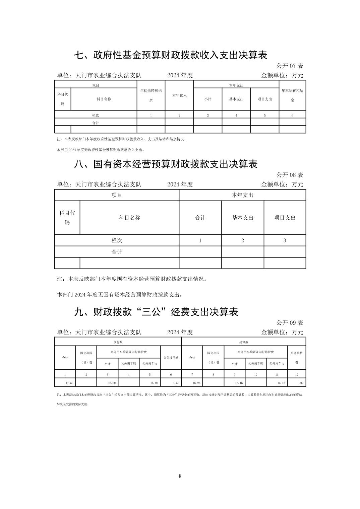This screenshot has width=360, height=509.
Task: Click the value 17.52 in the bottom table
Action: click(x=69, y=383)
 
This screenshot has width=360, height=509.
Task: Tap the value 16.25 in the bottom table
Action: click(x=196, y=383)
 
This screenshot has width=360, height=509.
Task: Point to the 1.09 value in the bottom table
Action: click(x=300, y=383)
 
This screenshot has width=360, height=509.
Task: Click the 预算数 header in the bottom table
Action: click(x=118, y=342)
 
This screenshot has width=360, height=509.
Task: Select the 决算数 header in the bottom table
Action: click(x=244, y=342)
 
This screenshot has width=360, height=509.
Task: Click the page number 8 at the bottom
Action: click(x=180, y=476)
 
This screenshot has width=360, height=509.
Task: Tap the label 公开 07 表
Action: click(x=290, y=66)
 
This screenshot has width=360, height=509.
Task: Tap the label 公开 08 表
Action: click(x=290, y=175)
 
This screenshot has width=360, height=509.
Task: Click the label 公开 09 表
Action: click(x=290, y=323)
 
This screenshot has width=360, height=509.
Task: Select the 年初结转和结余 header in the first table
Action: click(x=151, y=95)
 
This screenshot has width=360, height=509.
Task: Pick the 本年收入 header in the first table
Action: click(x=179, y=95)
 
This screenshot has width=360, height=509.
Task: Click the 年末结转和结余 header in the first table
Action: click(x=292, y=95)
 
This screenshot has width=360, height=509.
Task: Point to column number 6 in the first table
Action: click(x=292, y=116)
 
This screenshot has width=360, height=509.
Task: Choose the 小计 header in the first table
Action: click(x=208, y=99)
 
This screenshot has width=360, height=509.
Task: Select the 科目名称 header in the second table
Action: click(x=129, y=218)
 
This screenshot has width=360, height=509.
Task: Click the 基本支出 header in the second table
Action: click(x=243, y=218)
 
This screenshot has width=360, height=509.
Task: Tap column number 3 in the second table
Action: click(x=285, y=240)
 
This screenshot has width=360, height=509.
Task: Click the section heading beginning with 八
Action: click(x=166, y=164)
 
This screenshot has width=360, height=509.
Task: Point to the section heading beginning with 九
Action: click(x=156, y=312)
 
